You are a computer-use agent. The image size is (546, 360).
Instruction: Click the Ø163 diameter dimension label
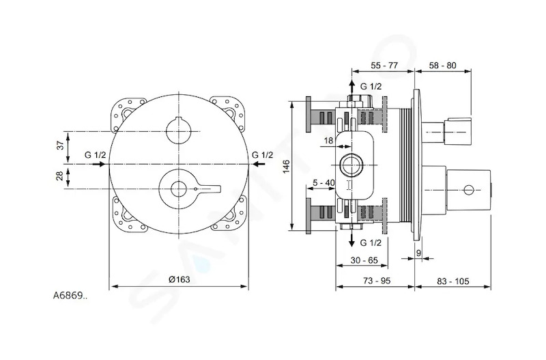coord(179,279)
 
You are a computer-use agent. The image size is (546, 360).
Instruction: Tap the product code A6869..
coord(70,296)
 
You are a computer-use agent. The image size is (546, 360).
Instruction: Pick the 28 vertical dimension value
coord(61,176)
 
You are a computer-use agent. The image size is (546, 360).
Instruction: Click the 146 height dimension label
coord(286,166)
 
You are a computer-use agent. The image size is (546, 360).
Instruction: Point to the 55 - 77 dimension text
coord(384,65)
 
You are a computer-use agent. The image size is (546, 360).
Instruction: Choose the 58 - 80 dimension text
coord(442,65)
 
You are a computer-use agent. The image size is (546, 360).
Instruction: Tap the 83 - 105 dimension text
coord(453,281)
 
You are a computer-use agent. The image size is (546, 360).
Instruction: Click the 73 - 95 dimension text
coord(377,281)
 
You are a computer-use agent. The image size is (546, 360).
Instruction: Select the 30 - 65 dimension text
coord(364,260)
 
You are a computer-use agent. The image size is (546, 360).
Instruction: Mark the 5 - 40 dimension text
coord(324,182)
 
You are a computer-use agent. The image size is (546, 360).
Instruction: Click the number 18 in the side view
coord(328,141)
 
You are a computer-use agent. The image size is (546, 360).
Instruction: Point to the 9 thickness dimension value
coord(418,253)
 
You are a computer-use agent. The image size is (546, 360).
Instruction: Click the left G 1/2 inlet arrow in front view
coord(98,163)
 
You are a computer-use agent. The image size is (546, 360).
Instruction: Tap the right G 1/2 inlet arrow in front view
coord(259,163)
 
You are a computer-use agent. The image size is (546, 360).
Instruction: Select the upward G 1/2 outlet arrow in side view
coord(352,87)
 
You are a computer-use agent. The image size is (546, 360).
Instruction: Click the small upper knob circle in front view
coord(179,131)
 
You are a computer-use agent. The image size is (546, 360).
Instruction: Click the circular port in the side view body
coord(351,165)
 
